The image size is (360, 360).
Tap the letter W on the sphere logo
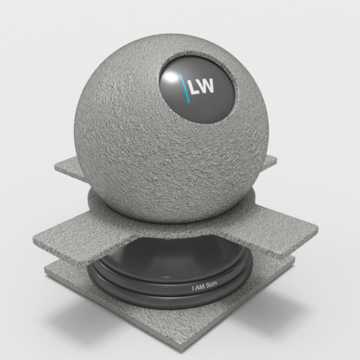(209, 87)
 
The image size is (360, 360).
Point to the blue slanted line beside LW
(185, 89)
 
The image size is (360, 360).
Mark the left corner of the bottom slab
(48, 269)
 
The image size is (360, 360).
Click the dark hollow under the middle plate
(176, 253)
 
